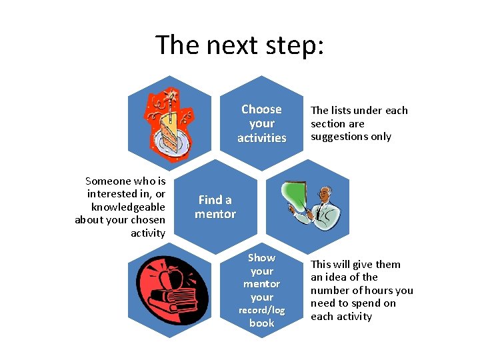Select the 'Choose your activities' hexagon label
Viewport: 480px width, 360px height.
tap(262, 123)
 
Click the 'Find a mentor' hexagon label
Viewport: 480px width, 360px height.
tap(215, 207)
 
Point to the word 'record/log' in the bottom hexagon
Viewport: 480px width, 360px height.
tap(262, 310)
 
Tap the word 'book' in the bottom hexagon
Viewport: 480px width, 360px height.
tap(262, 323)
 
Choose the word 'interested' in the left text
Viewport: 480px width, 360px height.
tap(113, 194)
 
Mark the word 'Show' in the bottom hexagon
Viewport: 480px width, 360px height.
tap(262, 257)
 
